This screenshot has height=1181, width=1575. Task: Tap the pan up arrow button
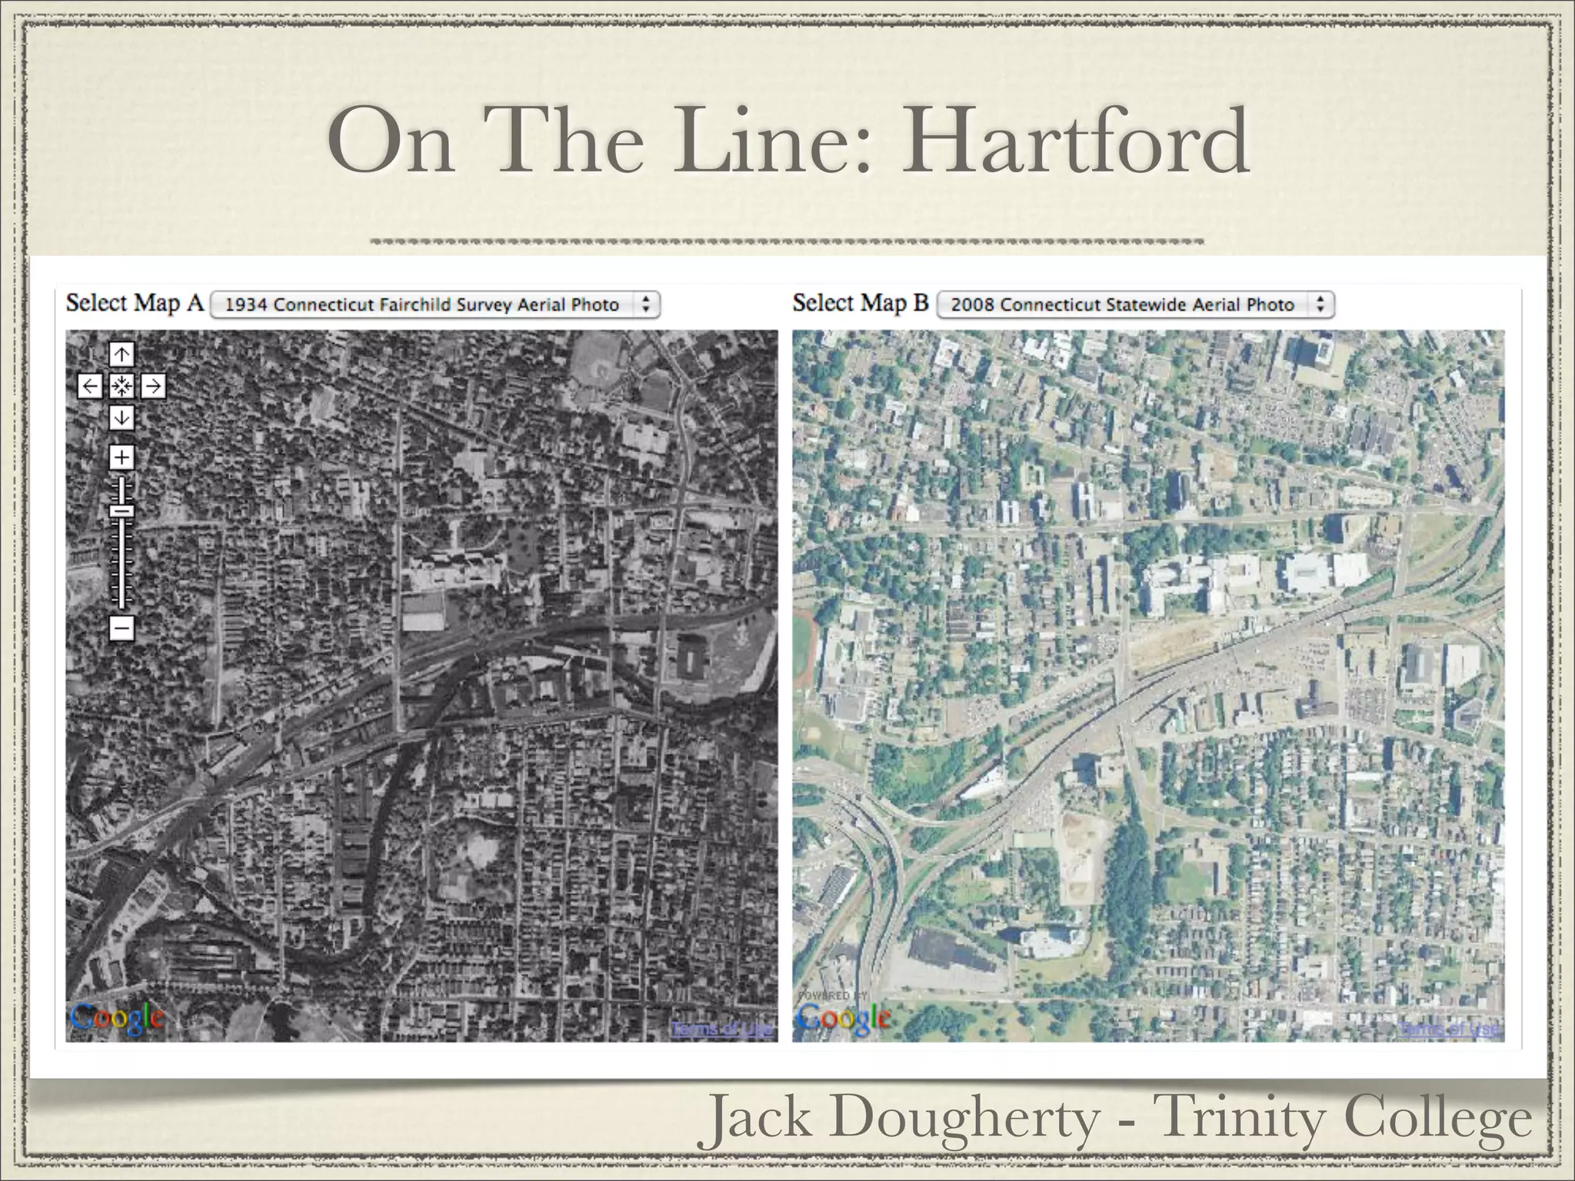(x=122, y=354)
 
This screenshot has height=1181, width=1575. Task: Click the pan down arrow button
(x=122, y=418)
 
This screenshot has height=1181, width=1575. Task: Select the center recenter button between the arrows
(x=122, y=386)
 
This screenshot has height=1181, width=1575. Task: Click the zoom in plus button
(x=122, y=457)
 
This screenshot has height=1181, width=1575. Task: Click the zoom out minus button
(x=122, y=628)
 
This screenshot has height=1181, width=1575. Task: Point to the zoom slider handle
(x=122, y=511)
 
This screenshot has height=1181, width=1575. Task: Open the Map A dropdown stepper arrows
(x=646, y=304)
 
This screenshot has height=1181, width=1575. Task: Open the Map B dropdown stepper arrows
(x=1320, y=304)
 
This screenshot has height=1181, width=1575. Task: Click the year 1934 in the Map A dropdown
(x=246, y=305)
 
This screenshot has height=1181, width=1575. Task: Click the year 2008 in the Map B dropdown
(x=973, y=305)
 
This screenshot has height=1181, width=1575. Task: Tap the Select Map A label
(x=135, y=303)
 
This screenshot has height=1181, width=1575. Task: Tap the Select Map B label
(x=861, y=303)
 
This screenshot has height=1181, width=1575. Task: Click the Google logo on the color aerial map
(x=844, y=1019)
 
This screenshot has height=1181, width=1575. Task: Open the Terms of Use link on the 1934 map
(x=722, y=1029)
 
